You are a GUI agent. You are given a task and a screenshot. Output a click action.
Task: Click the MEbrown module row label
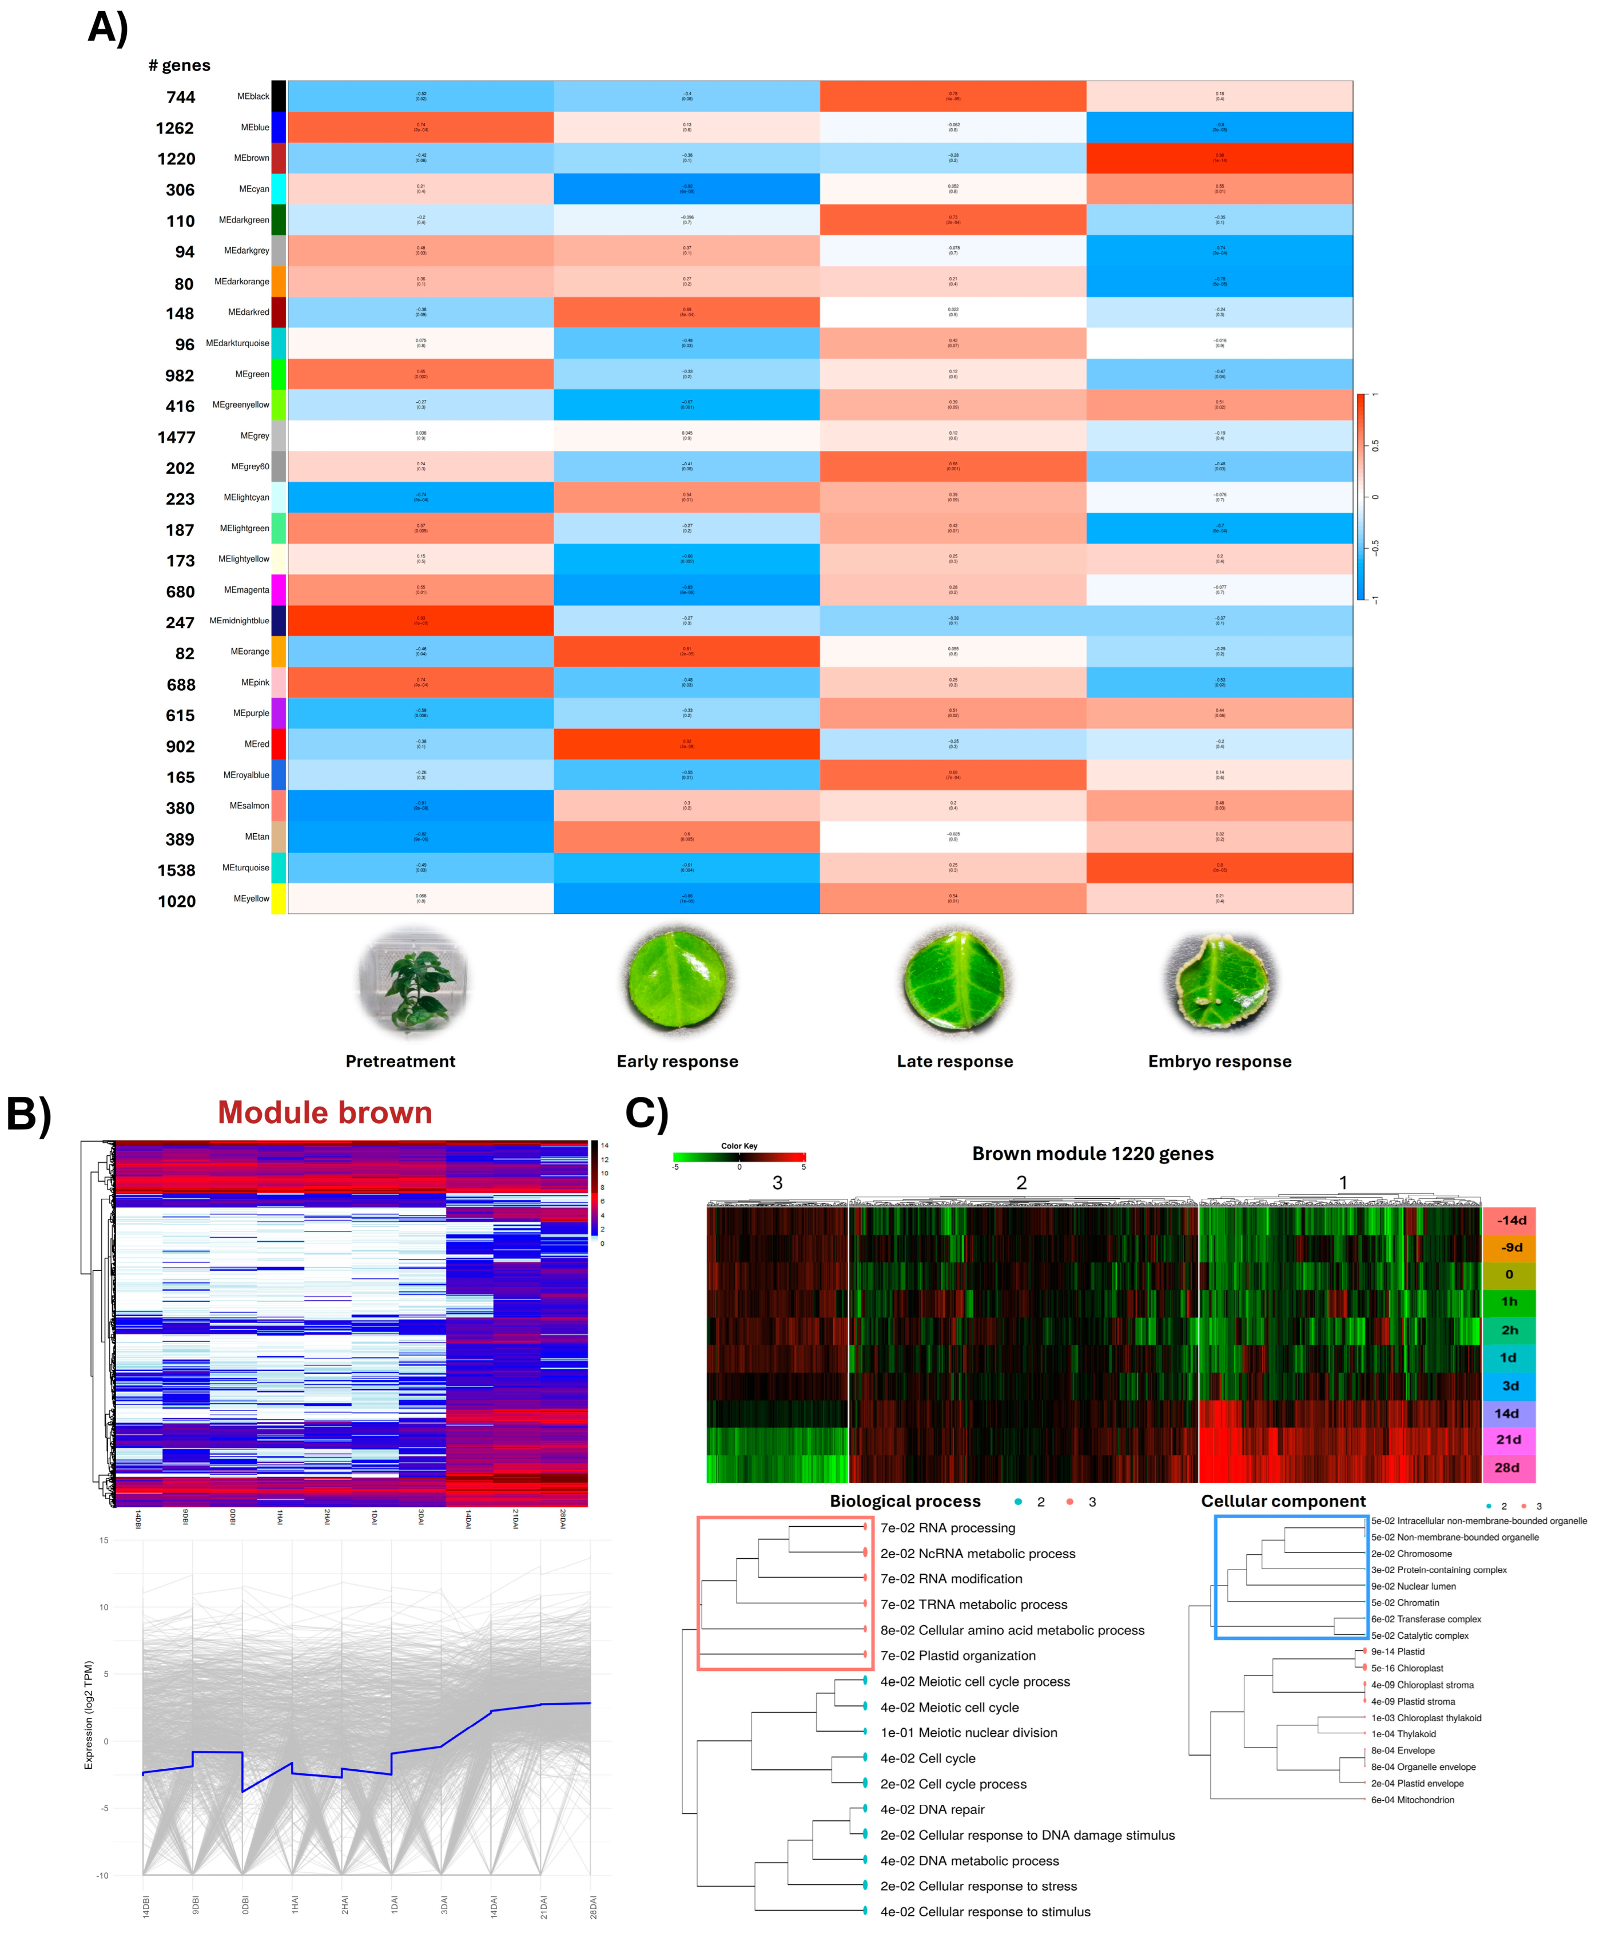[x=250, y=159]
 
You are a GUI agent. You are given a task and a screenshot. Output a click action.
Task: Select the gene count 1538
[x=176, y=870]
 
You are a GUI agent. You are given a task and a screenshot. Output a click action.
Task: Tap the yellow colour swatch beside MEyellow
[x=279, y=898]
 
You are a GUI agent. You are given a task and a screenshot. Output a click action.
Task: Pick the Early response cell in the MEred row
[x=686, y=744]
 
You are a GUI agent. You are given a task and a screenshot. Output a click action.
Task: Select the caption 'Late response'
[x=954, y=1061]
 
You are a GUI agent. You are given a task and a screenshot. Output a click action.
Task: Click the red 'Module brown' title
[x=325, y=1113]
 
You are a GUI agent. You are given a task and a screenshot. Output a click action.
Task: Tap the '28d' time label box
[x=1507, y=1468]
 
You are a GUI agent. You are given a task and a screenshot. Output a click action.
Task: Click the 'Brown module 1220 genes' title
[x=1092, y=1154]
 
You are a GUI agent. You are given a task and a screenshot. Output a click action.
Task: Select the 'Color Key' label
[x=739, y=1146]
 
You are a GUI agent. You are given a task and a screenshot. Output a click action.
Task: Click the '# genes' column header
[x=180, y=65]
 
